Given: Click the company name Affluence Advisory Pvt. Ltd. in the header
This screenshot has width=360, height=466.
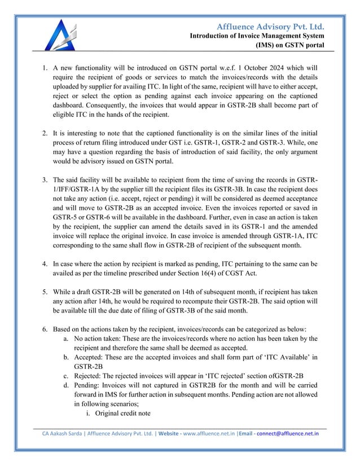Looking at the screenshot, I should tap(271, 27).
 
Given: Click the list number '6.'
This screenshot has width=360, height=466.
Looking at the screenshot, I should tap(46, 329).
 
